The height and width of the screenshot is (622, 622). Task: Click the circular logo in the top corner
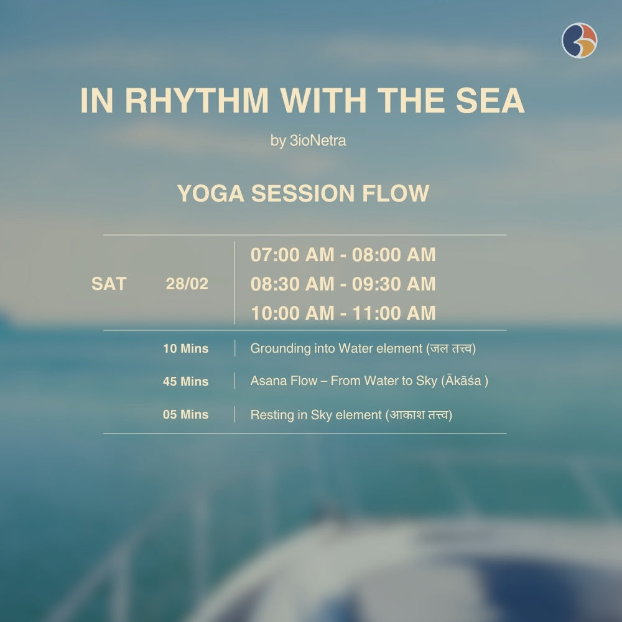tap(579, 40)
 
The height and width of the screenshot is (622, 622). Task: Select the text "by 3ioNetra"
tap(309, 141)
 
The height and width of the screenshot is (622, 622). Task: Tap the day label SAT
tap(109, 284)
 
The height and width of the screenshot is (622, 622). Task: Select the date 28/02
tap(187, 284)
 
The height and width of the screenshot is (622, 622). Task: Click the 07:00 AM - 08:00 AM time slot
tap(343, 255)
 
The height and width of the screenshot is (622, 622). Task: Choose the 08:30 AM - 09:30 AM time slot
tap(343, 284)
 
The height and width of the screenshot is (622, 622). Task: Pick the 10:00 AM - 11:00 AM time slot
tap(343, 313)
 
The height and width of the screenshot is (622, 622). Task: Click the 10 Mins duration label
tap(185, 349)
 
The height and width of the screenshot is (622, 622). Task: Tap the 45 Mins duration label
tap(185, 382)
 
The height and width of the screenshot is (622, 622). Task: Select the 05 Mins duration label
tap(185, 415)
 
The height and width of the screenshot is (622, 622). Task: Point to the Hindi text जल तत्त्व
tap(451, 349)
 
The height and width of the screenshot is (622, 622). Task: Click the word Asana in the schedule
tap(268, 381)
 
